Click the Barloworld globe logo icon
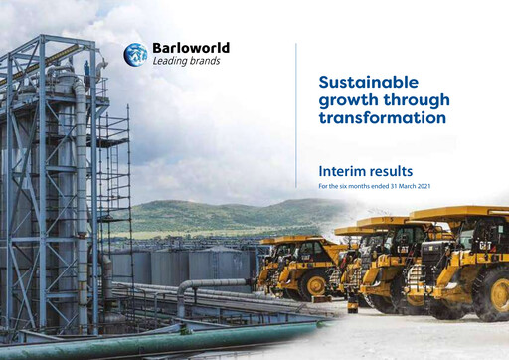click(x=135, y=55)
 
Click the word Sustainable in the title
click(x=367, y=82)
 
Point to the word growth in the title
click(x=347, y=100)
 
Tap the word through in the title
click(x=416, y=100)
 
